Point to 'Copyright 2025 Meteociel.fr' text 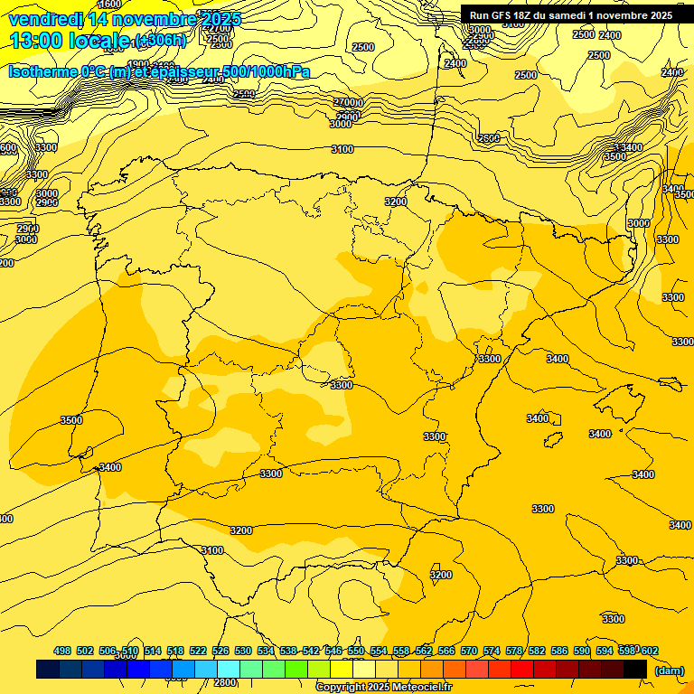tap(383, 688)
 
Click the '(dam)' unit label tap(669, 671)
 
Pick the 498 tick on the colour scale tap(62, 651)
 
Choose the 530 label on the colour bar tap(243, 651)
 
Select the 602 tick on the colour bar tap(649, 651)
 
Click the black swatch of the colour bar tap(635, 670)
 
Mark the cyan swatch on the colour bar tap(229, 670)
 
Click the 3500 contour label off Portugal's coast tap(71, 420)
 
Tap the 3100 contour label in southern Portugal tap(211, 550)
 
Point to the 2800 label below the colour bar tap(225, 683)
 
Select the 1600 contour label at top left tap(110, 5)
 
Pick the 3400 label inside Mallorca tap(538, 418)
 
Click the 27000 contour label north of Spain tap(348, 103)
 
